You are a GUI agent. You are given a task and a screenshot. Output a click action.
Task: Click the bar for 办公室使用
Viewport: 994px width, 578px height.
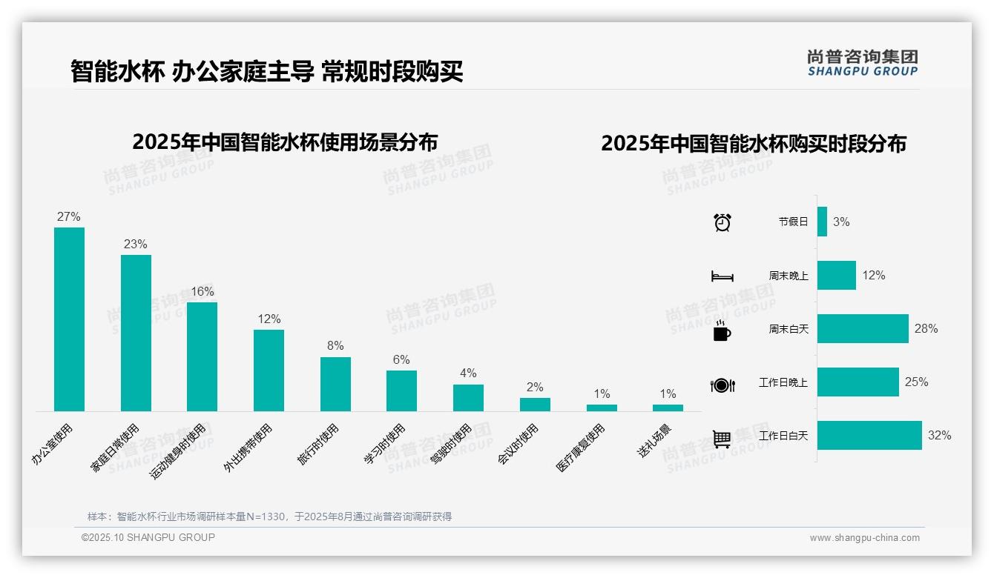pyautogui.click(x=69, y=319)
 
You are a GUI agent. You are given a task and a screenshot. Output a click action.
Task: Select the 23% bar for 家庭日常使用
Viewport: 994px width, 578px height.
pyautogui.click(x=136, y=333)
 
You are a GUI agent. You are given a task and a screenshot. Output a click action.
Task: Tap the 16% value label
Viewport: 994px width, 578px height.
pyautogui.click(x=202, y=291)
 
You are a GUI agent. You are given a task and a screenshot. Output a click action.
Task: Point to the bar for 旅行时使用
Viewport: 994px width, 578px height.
pyautogui.click(x=335, y=384)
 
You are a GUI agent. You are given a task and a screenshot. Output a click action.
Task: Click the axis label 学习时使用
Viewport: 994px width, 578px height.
pyautogui.click(x=385, y=444)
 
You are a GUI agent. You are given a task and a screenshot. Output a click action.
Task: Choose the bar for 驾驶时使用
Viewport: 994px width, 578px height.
pyautogui.click(x=468, y=398)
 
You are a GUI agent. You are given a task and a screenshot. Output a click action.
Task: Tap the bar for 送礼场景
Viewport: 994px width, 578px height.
pyautogui.click(x=668, y=408)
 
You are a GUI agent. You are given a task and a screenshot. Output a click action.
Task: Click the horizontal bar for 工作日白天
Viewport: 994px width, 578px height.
pyautogui.click(x=869, y=436)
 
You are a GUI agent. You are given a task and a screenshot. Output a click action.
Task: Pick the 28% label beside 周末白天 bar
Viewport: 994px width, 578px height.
pyautogui.click(x=926, y=328)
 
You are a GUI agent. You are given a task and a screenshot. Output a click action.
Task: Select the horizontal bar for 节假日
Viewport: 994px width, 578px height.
pyautogui.click(x=822, y=222)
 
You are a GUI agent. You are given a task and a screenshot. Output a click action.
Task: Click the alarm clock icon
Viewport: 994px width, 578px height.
pyautogui.click(x=722, y=222)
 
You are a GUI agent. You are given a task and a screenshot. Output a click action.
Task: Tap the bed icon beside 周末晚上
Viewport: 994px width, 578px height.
pyautogui.click(x=722, y=276)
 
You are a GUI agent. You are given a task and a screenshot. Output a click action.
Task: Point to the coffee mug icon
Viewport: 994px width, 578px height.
pyautogui.click(x=721, y=330)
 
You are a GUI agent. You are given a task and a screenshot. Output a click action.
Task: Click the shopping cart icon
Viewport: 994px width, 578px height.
pyautogui.click(x=722, y=439)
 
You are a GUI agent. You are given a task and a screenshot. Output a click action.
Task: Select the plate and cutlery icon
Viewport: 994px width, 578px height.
pyautogui.click(x=722, y=385)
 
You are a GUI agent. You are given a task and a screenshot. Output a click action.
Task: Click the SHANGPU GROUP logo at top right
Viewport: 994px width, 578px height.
pyautogui.click(x=862, y=63)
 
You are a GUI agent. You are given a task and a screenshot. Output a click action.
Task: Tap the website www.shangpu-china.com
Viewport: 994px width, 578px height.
pyautogui.click(x=864, y=538)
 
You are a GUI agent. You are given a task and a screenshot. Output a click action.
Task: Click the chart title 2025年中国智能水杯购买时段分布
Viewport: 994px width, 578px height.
pyautogui.click(x=753, y=144)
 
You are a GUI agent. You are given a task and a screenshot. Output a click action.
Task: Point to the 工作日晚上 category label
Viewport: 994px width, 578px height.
pyautogui.click(x=783, y=382)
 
